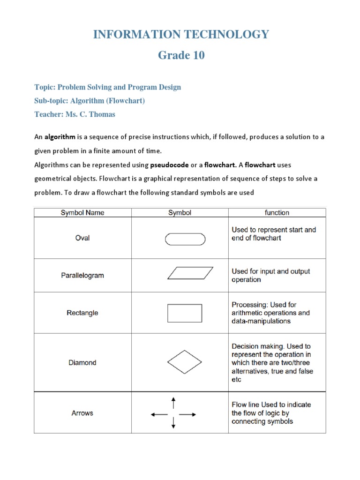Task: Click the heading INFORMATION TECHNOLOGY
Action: pyautogui.click(x=181, y=34)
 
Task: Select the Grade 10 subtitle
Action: pyautogui.click(x=181, y=55)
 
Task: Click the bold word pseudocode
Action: pyautogui.click(x=169, y=165)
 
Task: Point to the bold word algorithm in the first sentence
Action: pyautogui.click(x=60, y=137)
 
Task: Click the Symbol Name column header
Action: pyautogui.click(x=82, y=213)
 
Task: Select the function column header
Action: pyautogui.click(x=277, y=213)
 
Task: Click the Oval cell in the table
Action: pyautogui.click(x=82, y=238)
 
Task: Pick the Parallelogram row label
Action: pyautogui.click(x=82, y=276)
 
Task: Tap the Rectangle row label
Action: pyautogui.click(x=82, y=313)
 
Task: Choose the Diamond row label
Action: pyautogui.click(x=82, y=362)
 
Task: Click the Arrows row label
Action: pyautogui.click(x=82, y=413)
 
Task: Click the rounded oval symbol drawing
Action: pyautogui.click(x=185, y=239)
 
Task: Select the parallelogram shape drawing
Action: pyautogui.click(x=190, y=273)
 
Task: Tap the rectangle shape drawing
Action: pyautogui.click(x=185, y=313)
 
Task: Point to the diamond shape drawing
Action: pyautogui.click(x=185, y=362)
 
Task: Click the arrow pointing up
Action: pyautogui.click(x=174, y=402)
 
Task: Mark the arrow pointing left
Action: pyautogui.click(x=158, y=414)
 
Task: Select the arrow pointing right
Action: pyautogui.click(x=188, y=414)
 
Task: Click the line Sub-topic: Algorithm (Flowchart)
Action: pyautogui.click(x=90, y=101)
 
